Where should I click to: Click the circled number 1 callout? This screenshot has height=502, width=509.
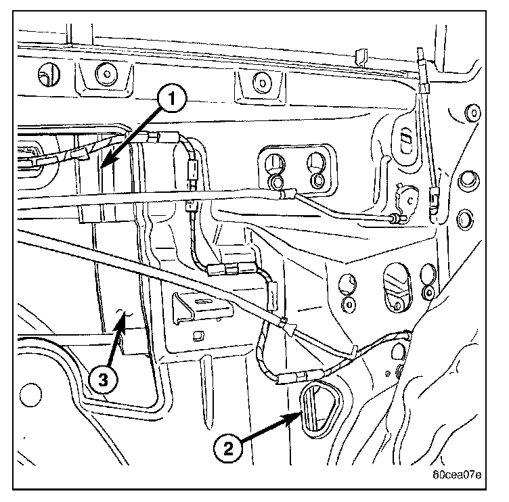pos(171,99)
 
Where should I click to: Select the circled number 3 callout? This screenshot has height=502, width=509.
pos(101,380)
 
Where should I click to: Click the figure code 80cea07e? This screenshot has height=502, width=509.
pos(458,474)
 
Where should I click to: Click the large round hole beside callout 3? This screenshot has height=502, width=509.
pos(28,393)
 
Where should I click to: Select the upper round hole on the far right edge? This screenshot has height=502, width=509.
pos(466,181)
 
